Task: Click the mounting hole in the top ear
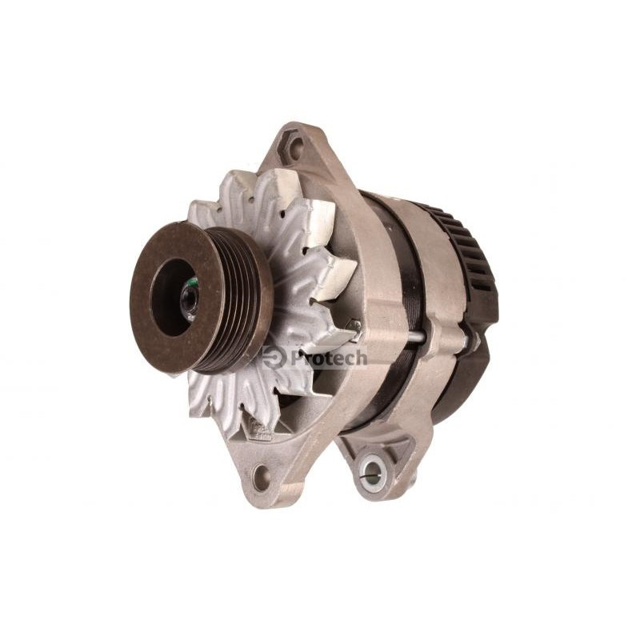point(295,145)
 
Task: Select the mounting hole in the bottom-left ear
point(261,477)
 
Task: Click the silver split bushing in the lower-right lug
point(372,471)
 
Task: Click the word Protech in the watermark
point(328,358)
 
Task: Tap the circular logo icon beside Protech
point(274,358)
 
